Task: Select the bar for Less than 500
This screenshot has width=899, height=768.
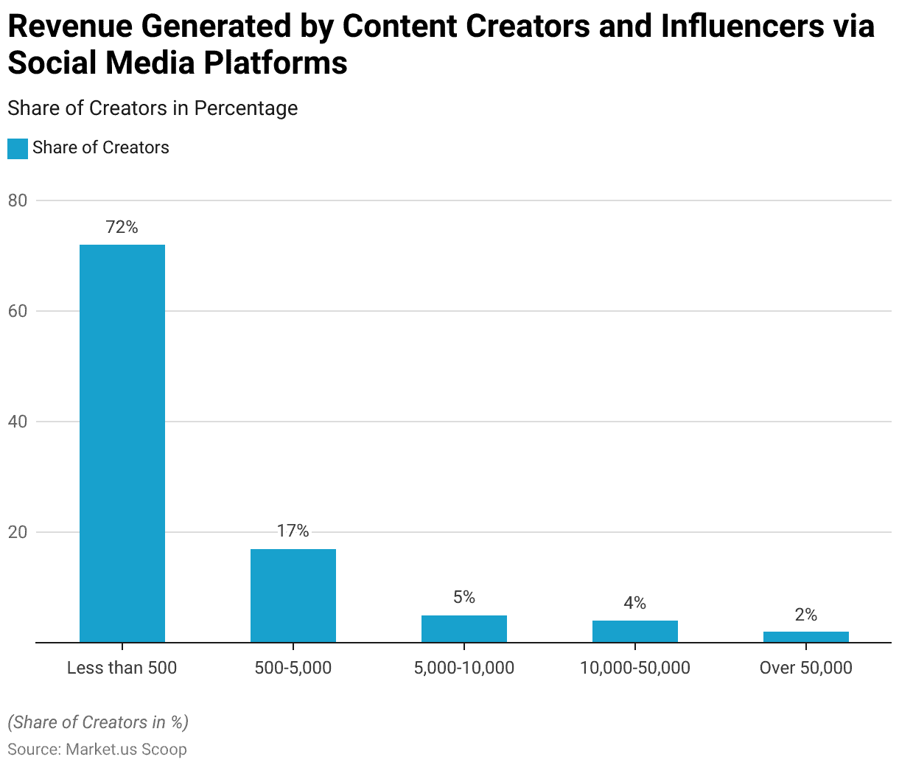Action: [x=122, y=443]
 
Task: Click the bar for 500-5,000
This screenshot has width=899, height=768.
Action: [x=293, y=596]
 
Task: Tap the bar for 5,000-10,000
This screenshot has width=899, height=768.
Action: [x=464, y=629]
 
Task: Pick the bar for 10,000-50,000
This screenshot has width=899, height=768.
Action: [x=635, y=632]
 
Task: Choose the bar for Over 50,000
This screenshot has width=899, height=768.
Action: [x=806, y=637]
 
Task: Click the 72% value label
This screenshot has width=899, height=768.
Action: [x=122, y=227]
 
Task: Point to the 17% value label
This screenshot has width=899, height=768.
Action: [x=293, y=531]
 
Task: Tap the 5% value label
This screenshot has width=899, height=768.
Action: [x=464, y=597]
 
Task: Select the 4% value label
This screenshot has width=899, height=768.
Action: [x=635, y=603]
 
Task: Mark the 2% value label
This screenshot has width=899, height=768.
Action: [x=806, y=615]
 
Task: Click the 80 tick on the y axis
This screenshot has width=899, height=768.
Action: [x=18, y=200]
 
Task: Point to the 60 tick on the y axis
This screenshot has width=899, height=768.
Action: [x=18, y=311]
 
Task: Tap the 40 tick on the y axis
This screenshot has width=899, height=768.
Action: [x=18, y=422]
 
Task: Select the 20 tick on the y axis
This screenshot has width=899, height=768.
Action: [x=18, y=532]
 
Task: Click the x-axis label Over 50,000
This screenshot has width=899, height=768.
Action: [x=806, y=668]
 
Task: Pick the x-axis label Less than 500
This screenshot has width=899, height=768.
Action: [x=122, y=668]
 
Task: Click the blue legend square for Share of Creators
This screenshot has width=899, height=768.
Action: [x=18, y=148]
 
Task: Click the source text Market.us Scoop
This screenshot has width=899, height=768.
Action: [x=126, y=750]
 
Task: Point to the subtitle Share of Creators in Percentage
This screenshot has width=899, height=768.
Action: [x=153, y=108]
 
